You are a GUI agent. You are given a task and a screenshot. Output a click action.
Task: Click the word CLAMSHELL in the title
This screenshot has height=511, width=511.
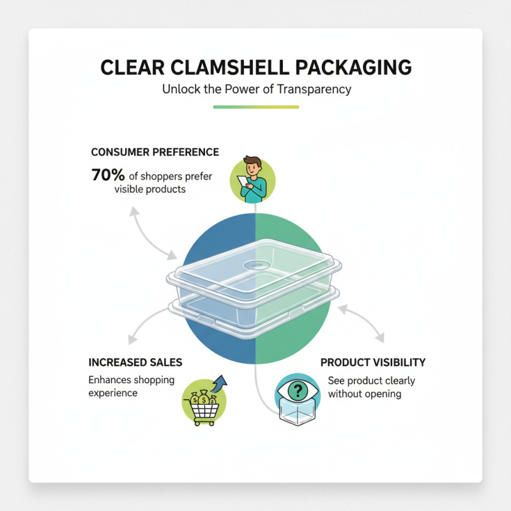point(226,68)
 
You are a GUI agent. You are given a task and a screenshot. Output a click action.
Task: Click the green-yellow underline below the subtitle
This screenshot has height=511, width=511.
point(256,107)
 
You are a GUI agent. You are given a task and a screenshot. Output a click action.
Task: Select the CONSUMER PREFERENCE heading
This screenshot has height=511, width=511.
point(155,152)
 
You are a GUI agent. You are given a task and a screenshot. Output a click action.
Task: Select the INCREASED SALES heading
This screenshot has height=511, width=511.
point(135,362)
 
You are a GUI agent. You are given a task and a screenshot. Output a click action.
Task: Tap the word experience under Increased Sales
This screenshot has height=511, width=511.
point(113,392)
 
